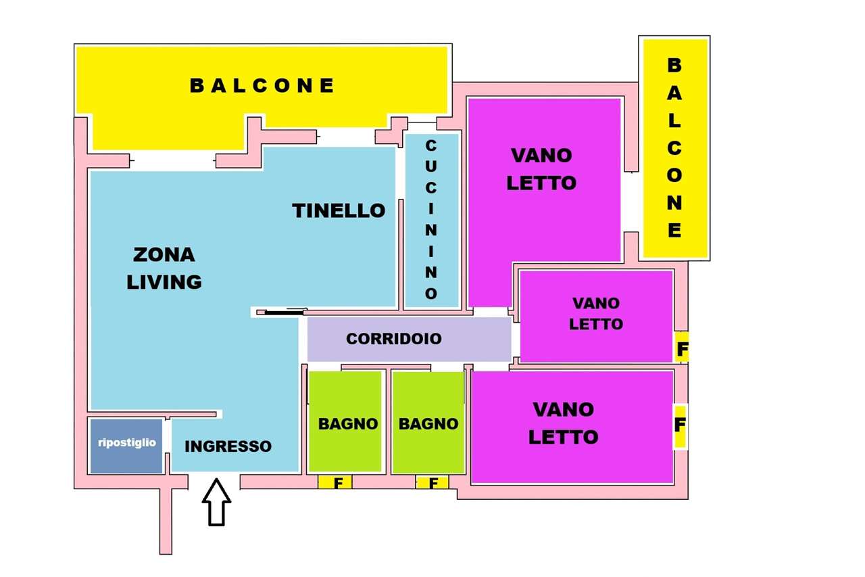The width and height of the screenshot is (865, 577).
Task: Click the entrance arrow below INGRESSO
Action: (217, 503)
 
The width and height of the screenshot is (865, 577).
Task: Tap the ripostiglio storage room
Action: (126, 446)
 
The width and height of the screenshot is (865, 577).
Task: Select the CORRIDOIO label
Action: (393, 339)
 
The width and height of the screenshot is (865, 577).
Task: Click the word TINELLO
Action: (339, 210)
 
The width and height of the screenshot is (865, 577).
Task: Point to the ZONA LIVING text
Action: (164, 269)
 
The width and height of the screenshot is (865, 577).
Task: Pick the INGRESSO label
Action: (228, 446)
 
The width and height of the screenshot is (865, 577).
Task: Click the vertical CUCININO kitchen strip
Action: (432, 221)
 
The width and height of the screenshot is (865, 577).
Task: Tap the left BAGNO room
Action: (345, 421)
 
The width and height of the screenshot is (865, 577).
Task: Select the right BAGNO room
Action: (428, 422)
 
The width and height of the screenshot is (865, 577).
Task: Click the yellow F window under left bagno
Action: (335, 482)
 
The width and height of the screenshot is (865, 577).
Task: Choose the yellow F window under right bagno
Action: (432, 482)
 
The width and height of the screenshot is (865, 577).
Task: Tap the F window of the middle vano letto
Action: (682, 347)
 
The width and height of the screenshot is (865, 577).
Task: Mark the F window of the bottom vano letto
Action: (680, 425)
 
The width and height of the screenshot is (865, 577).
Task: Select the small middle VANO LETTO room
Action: (596, 316)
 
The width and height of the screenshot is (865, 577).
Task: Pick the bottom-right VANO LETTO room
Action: (572, 427)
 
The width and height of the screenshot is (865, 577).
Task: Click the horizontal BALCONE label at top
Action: (262, 85)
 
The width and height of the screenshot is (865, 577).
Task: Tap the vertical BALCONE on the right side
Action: (674, 148)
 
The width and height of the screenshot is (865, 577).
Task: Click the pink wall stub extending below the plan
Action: (166, 522)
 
